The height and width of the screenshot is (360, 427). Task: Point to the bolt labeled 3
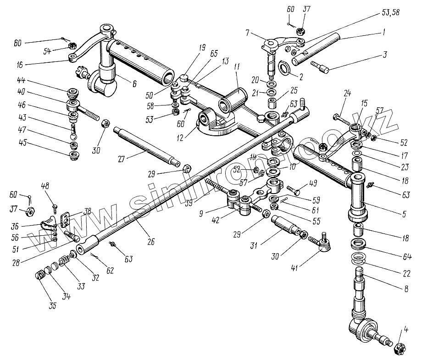point(321,66)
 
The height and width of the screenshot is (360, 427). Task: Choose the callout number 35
point(53,306)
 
